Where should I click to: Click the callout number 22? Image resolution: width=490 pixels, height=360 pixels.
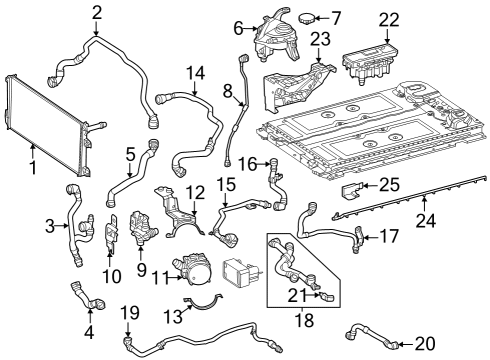(389, 20)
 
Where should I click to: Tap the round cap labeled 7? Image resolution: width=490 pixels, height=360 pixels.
(306, 18)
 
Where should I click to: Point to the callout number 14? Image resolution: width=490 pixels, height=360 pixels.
(195, 73)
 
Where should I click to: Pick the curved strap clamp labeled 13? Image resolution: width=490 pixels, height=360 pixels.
(204, 303)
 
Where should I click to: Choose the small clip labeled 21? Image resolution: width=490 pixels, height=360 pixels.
(328, 297)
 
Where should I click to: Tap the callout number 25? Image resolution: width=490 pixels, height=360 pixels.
(389, 185)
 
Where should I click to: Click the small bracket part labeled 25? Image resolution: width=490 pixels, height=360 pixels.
(352, 190)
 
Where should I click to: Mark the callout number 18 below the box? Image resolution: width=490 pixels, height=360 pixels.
(304, 320)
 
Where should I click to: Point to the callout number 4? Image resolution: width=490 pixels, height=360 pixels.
(89, 332)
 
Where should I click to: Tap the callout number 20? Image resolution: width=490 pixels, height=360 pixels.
(425, 344)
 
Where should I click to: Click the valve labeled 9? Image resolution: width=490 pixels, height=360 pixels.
(143, 227)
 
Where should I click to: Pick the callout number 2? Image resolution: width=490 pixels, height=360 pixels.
(96, 13)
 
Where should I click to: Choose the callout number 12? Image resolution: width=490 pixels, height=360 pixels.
(195, 192)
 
